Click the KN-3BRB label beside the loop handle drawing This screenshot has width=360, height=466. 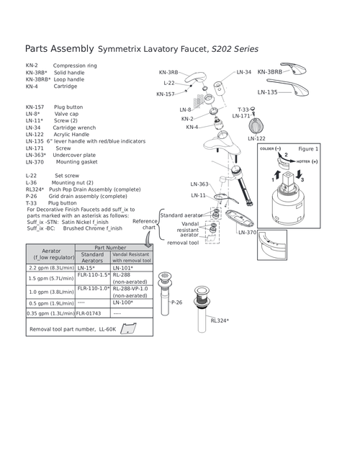click(270, 71)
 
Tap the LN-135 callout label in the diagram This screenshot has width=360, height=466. click(267, 92)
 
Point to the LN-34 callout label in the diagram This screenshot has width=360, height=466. click(243, 72)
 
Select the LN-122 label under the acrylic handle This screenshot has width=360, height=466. click(256, 138)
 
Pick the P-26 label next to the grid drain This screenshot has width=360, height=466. click(176, 303)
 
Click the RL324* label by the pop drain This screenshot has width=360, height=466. click(220, 321)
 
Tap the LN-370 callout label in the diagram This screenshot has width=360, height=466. click(247, 233)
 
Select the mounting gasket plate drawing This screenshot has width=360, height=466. click(239, 219)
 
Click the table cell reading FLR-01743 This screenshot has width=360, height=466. click(89, 313)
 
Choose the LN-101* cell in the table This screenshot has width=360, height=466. click(122, 268)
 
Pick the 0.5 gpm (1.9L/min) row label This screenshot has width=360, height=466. click(51, 303)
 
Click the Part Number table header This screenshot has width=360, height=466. click(110, 248)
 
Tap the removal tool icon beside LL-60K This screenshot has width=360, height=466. click(128, 328)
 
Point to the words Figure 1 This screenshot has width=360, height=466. click(308, 149)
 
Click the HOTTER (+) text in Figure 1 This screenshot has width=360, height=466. click(307, 161)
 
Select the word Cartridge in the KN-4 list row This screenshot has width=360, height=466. click(66, 86)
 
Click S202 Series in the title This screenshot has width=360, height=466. click(235, 49)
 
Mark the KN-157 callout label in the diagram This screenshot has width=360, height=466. click(166, 94)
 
